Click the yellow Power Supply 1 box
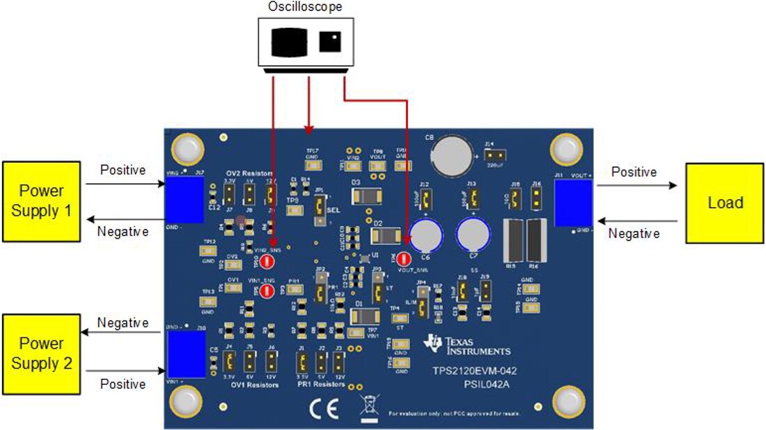click(x=42, y=201)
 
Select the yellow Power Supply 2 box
click(x=42, y=353)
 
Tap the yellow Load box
click(x=725, y=203)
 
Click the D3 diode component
click(x=366, y=198)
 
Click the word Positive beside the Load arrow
click(x=634, y=171)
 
